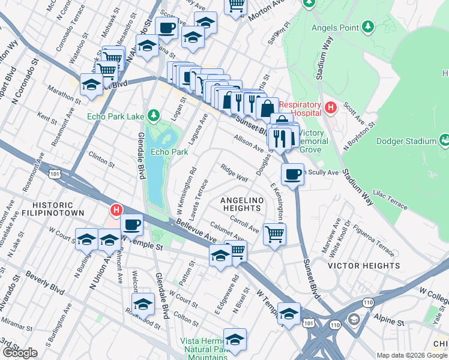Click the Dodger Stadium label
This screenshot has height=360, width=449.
(x=406, y=142)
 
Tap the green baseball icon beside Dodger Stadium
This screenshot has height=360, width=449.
(x=445, y=141)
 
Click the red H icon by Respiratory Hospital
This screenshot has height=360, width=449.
(x=330, y=108)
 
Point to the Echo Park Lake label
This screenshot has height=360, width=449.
(x=116, y=116)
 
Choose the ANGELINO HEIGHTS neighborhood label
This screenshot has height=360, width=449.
(x=242, y=204)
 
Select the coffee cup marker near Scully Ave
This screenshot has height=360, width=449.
(x=292, y=175)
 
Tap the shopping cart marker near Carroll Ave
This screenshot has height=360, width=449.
(x=274, y=233)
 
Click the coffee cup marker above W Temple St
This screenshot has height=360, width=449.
(x=131, y=225)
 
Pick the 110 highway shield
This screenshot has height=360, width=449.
(x=334, y=325)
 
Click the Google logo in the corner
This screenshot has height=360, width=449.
(x=19, y=353)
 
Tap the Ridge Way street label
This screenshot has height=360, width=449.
(x=234, y=173)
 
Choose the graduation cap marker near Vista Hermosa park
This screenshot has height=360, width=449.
(x=235, y=340)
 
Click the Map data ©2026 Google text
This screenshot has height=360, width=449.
(x=411, y=355)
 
